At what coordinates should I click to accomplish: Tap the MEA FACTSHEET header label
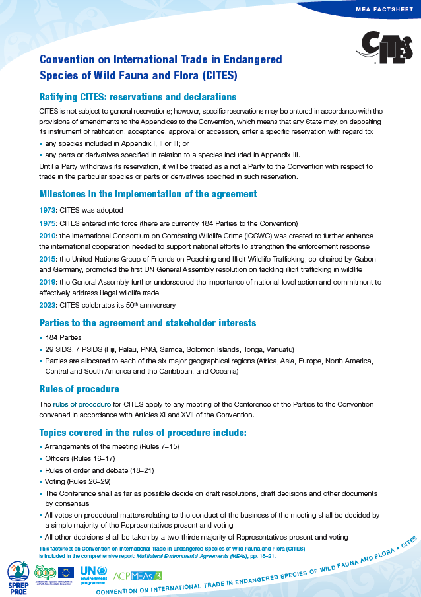click(x=384, y=11)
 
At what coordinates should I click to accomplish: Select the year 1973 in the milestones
click(x=49, y=210)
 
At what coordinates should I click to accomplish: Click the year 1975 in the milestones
click(x=49, y=223)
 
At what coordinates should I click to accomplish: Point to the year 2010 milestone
click(x=49, y=236)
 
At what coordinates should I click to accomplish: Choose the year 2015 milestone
click(x=49, y=260)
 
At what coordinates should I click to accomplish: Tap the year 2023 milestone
click(x=49, y=305)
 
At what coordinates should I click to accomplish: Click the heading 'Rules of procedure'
click(x=79, y=389)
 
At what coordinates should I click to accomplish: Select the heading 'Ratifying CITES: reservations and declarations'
click(x=138, y=97)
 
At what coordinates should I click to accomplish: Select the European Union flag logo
click(x=66, y=572)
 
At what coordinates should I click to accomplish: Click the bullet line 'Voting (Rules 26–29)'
click(x=79, y=482)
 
